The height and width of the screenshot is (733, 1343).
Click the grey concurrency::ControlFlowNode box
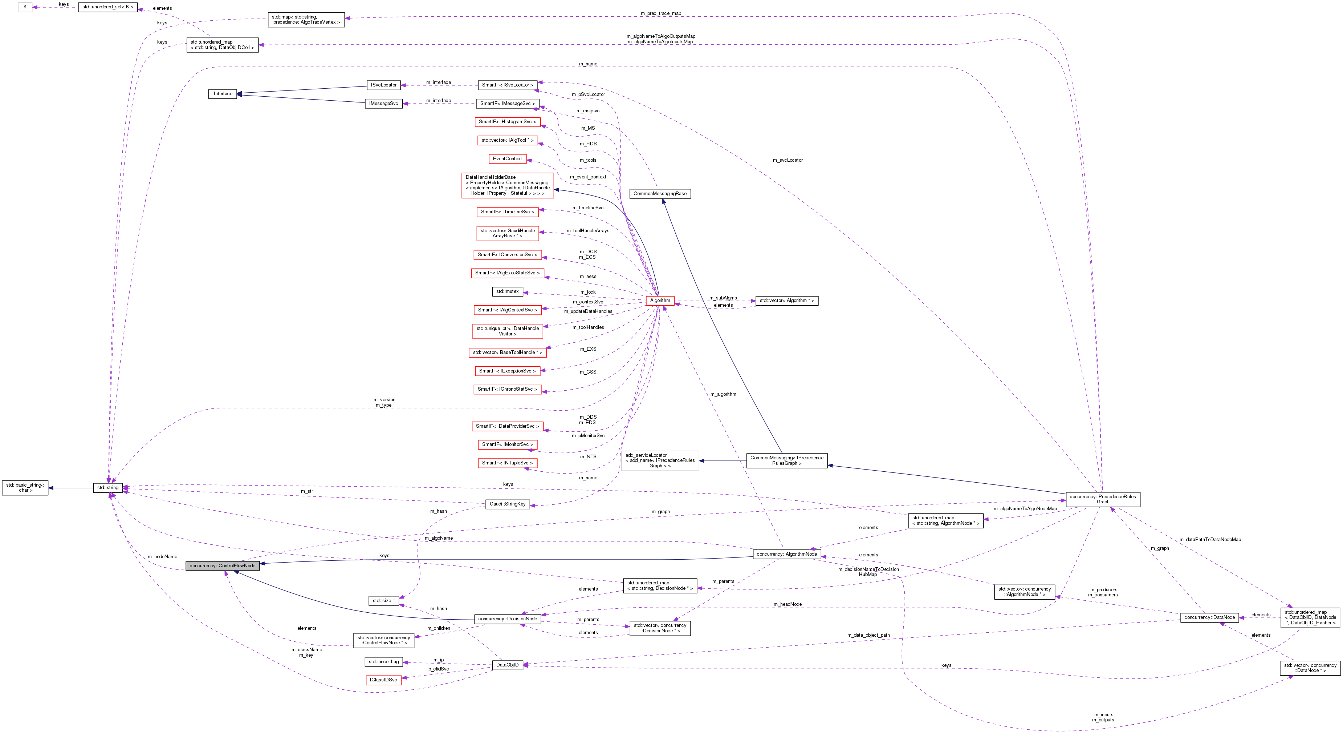click(x=222, y=565)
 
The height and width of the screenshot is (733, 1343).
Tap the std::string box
click(x=108, y=488)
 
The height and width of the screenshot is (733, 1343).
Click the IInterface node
click(x=223, y=94)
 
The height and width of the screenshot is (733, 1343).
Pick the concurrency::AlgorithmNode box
click(x=787, y=554)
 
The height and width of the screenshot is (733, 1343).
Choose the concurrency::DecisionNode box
click(x=507, y=619)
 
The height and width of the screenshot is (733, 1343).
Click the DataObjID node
click(x=507, y=665)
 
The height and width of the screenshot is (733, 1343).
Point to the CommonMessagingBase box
click(x=660, y=194)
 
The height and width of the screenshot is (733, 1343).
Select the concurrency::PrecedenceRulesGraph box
click(x=1103, y=499)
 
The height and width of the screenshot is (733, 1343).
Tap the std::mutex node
click(x=507, y=291)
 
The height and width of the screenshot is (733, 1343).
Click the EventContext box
click(x=507, y=158)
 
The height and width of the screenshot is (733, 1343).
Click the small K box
click(x=25, y=7)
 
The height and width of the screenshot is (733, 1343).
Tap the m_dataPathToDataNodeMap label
click(x=1210, y=539)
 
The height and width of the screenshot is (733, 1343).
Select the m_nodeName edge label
click(x=162, y=557)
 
